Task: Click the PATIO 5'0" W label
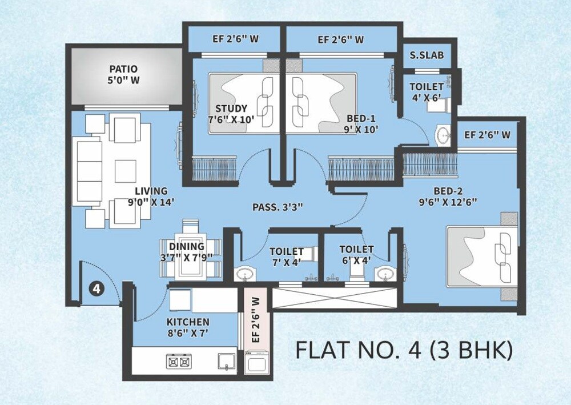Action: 123,75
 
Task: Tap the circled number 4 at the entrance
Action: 96,288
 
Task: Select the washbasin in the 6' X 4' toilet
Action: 384,275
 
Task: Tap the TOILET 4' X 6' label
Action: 426,92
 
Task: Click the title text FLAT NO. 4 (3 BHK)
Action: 403,350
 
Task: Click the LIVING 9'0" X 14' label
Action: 151,196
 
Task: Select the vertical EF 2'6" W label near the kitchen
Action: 255,320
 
